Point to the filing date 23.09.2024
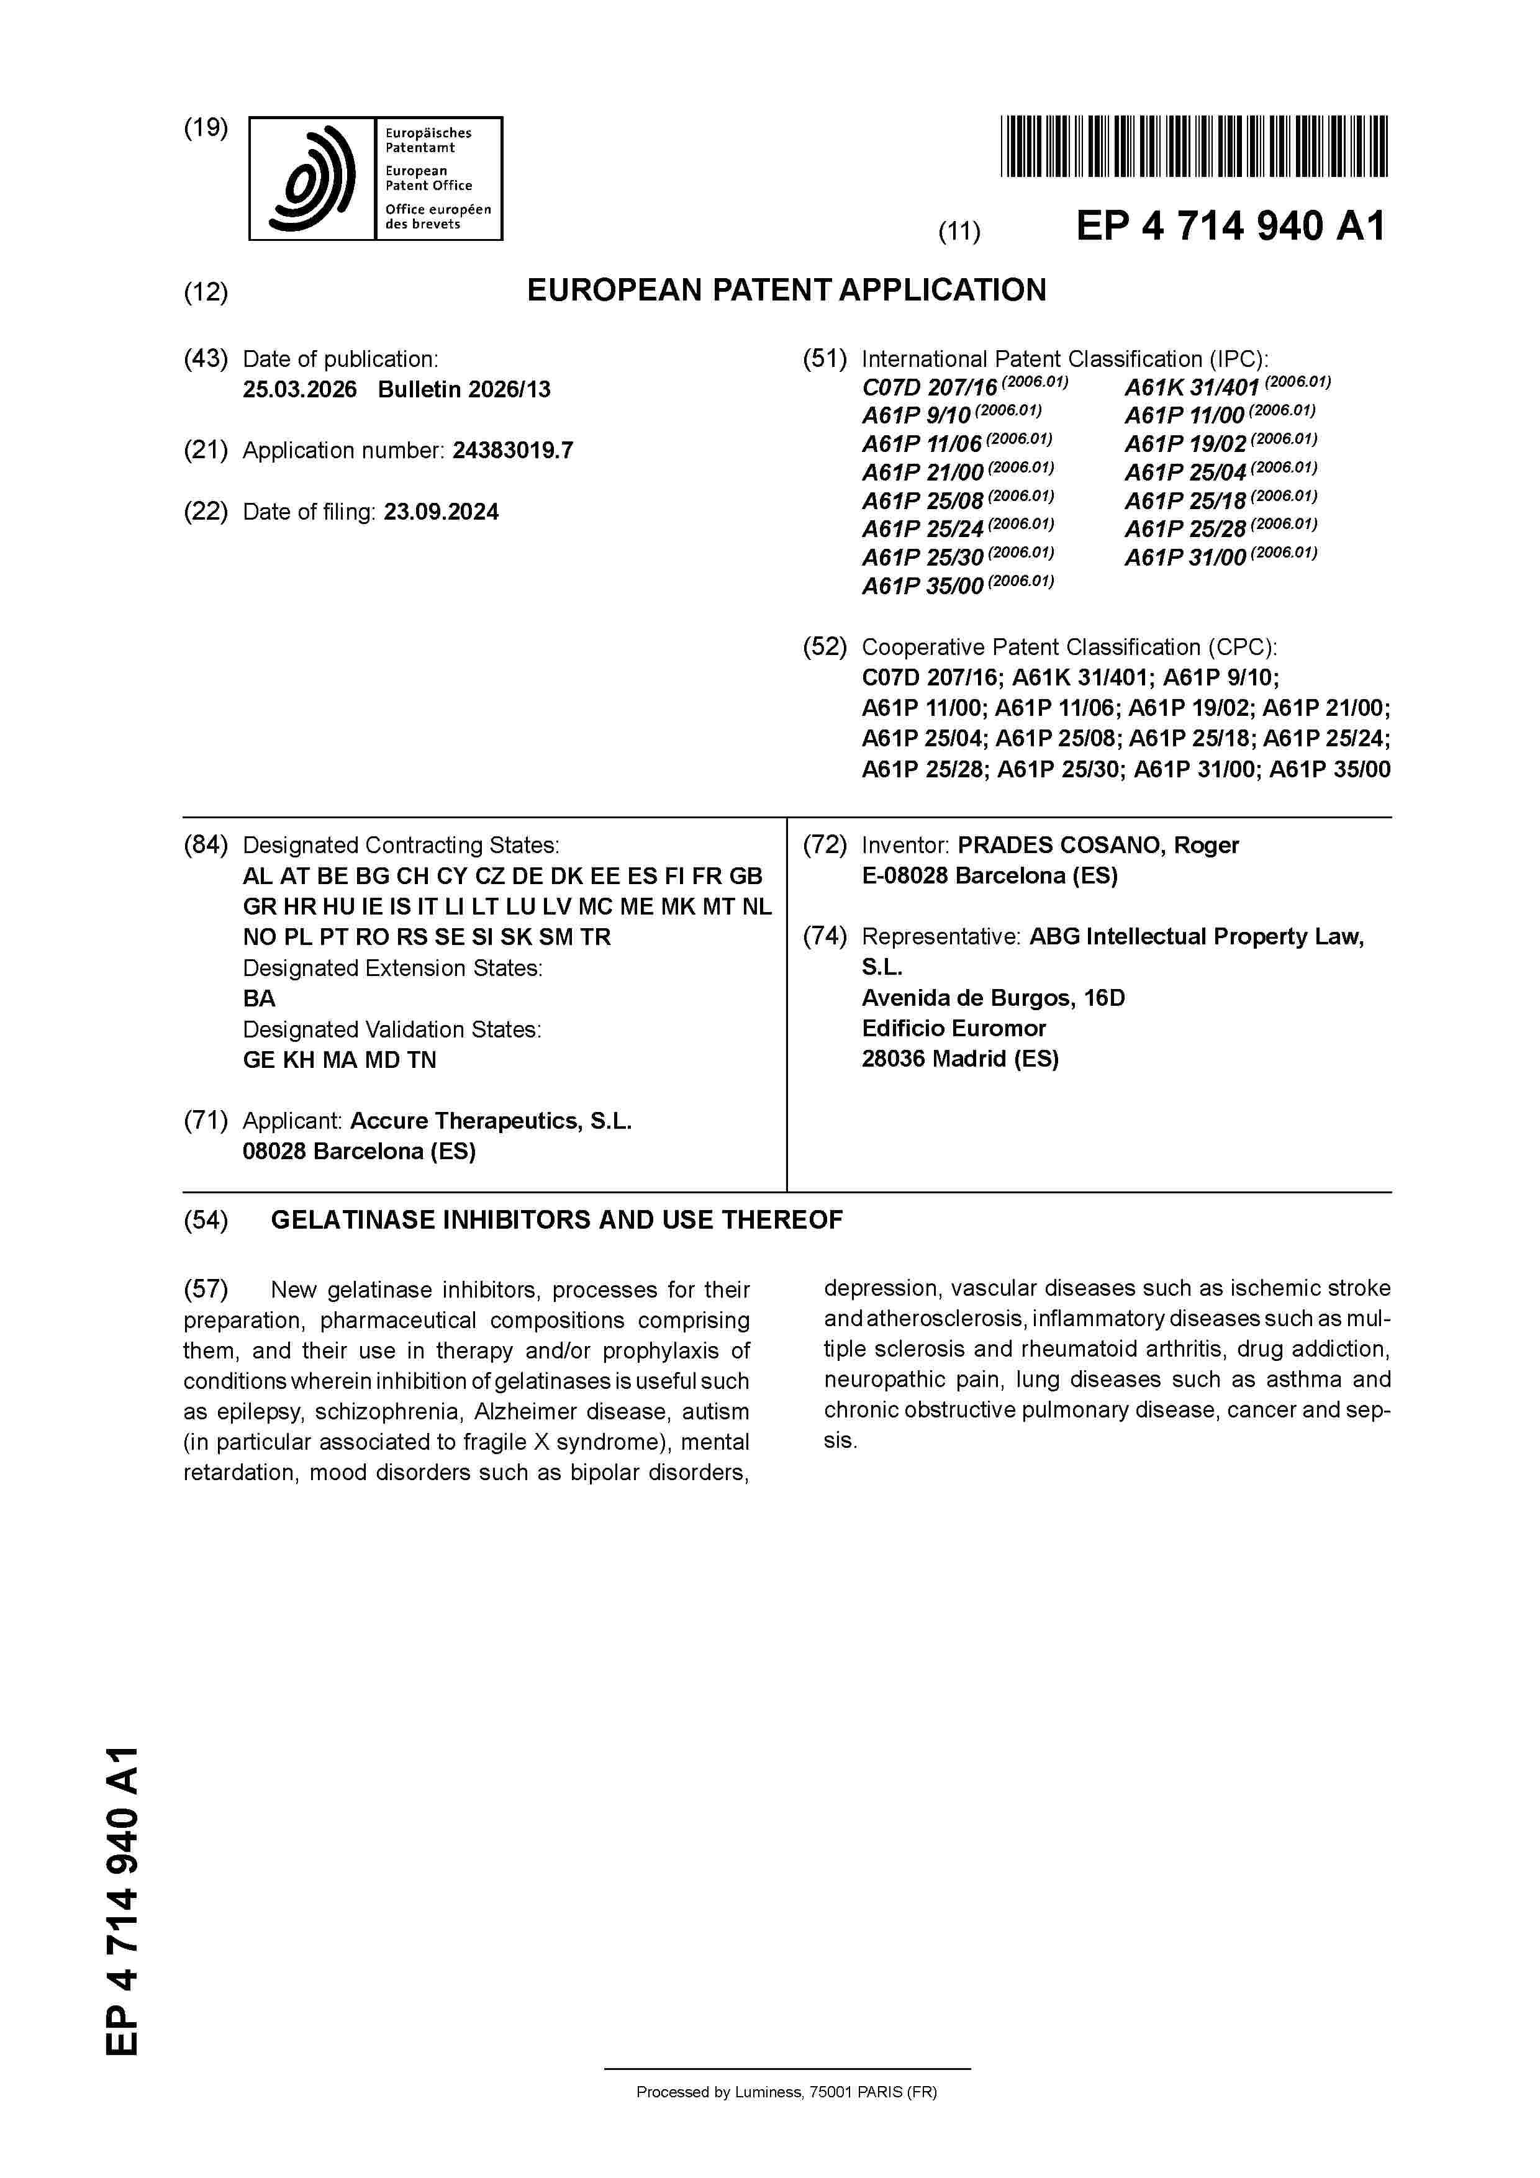coord(442,512)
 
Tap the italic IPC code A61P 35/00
coord(922,586)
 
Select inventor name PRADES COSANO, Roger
coord(1098,844)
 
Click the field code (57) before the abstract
coord(206,1289)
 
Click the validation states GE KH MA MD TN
coord(340,1060)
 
